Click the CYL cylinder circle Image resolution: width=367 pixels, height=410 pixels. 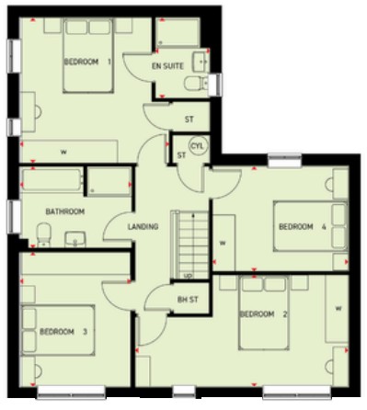198,146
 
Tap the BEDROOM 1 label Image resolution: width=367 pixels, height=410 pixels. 87,62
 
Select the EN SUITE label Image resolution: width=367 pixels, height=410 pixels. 167,66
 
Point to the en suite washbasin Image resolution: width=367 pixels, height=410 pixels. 201,62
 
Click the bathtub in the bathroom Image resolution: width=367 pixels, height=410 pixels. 52,180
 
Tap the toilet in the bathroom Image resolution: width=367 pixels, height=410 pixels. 44,234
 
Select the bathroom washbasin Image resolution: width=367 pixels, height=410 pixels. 75,239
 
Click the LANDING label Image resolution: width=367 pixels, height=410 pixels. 143,227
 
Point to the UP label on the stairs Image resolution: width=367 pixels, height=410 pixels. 188,276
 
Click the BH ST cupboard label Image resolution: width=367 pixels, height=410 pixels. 188,300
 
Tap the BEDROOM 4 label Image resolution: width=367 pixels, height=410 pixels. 303,227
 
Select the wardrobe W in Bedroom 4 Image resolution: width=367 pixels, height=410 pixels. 224,243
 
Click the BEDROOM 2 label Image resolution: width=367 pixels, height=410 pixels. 263,314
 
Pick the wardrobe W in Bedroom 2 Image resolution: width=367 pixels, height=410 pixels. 337,309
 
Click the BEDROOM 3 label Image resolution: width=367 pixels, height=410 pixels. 63,332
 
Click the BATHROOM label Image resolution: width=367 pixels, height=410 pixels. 65,211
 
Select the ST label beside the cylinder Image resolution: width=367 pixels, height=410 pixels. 181,155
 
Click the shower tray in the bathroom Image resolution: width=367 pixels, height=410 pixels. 109,181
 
